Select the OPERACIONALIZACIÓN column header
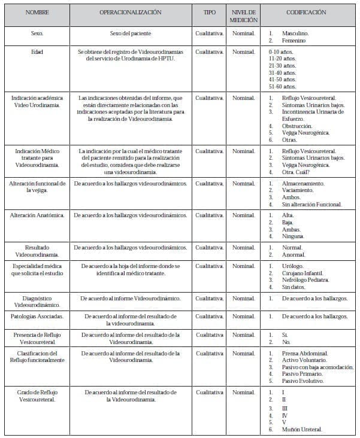click(130, 11)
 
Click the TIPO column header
click(209, 11)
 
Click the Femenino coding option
click(294, 41)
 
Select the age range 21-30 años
click(283, 65)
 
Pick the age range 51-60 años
click(283, 86)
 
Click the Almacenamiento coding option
click(303, 183)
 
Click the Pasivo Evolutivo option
click(303, 381)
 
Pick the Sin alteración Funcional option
click(312, 204)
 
